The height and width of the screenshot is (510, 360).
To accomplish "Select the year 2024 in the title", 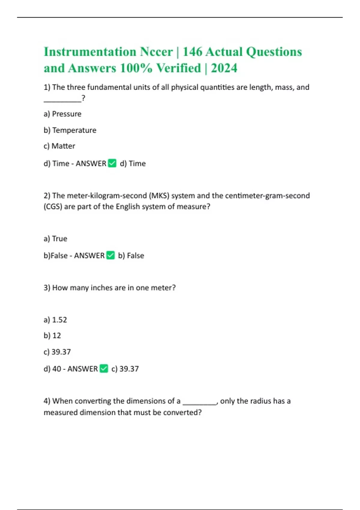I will point(224,68).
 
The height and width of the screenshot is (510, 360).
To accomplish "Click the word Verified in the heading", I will point(178,68).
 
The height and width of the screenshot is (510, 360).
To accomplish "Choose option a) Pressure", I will point(62,114).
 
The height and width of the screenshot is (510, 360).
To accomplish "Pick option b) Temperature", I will point(70,130).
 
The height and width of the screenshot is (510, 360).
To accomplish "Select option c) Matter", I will point(59,146).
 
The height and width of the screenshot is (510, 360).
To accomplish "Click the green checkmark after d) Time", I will point(112,163).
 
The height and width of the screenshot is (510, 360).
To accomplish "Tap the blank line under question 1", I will point(62,101).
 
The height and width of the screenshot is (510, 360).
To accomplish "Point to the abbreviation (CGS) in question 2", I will point(53,207).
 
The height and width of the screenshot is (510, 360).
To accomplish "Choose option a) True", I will point(55,239).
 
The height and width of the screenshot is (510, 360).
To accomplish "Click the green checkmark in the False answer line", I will point(110,255).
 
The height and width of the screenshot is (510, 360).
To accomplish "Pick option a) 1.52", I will point(55,320).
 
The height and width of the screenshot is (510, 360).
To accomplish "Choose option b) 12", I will point(52,336).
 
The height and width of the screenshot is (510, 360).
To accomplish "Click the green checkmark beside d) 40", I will point(104,368).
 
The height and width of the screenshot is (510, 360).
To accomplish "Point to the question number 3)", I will point(47,288).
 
